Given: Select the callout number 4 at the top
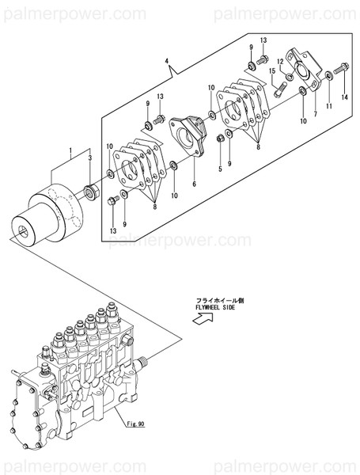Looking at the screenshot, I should (x=166, y=61).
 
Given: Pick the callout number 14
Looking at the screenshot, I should (x=344, y=97).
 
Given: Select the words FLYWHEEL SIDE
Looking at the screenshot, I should (x=218, y=307).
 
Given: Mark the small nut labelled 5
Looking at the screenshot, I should (x=221, y=140).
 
